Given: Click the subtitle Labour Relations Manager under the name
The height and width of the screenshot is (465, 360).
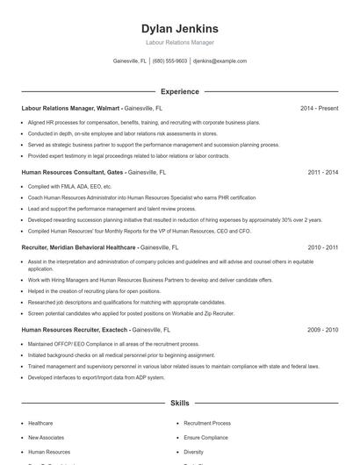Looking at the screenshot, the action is point(180,42).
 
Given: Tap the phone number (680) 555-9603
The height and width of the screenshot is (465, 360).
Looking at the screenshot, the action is point(169,61).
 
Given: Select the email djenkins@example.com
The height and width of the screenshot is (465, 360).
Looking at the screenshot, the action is point(220,61).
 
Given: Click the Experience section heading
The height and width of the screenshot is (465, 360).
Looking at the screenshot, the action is point(180,91).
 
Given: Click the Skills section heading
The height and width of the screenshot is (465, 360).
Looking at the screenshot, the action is point(180,403).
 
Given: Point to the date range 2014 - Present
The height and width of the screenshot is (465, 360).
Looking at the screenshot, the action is point(319,109).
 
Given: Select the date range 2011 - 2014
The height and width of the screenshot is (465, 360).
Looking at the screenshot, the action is point(322,173).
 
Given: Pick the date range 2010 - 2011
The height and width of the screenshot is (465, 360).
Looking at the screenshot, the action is point(322,248).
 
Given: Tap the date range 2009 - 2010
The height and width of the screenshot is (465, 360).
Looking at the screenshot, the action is point(322,330).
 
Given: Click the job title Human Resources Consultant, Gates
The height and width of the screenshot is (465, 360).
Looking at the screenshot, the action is point(74,173).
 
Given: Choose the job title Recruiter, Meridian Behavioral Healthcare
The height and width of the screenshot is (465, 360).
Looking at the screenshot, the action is point(79,248).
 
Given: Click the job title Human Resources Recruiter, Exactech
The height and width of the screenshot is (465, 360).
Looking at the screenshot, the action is point(78,330).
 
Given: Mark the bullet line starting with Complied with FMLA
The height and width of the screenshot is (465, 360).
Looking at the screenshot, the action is point(70,187).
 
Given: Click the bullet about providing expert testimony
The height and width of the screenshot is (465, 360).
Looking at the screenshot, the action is point(128,155).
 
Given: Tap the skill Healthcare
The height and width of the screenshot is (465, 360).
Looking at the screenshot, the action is point(40,423).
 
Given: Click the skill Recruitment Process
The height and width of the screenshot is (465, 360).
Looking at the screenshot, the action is point(208,423).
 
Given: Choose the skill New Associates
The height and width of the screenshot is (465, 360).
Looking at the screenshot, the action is point(46,437).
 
